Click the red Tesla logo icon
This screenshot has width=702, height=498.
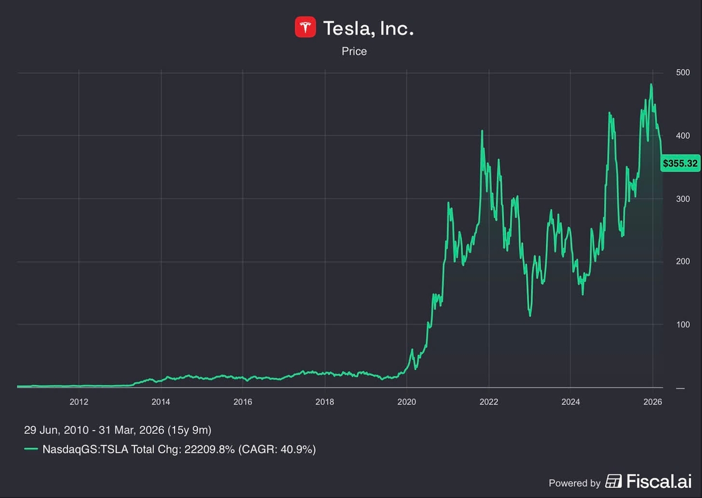click(305, 27)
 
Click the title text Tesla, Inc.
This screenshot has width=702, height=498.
click(368, 28)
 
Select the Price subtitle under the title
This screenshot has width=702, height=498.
click(354, 51)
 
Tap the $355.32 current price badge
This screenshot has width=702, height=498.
click(680, 163)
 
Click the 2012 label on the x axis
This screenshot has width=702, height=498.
click(79, 401)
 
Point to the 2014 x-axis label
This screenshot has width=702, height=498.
click(161, 401)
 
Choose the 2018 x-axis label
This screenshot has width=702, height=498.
click(325, 401)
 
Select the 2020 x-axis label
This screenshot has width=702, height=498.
click(406, 401)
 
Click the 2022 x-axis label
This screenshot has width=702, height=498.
click(489, 401)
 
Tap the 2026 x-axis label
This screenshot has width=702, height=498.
click(653, 401)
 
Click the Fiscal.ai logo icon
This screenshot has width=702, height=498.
click(614, 482)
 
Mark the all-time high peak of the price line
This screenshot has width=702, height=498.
click(651, 84)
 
